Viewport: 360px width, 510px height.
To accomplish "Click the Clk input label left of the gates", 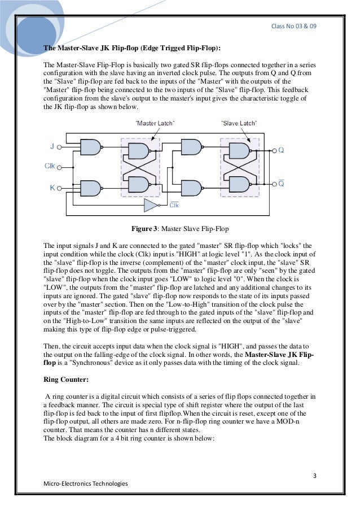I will click(51, 167).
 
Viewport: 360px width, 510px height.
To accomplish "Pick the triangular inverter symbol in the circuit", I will click(151, 205).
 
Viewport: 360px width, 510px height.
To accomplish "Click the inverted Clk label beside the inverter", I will click(174, 206).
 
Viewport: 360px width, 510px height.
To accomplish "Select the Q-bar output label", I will click(281, 184).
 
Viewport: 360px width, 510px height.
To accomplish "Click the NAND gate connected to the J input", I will click(91, 148).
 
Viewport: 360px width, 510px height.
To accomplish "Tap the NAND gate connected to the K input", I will click(91, 188).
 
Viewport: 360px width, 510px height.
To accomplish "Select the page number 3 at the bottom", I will click(315, 473).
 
